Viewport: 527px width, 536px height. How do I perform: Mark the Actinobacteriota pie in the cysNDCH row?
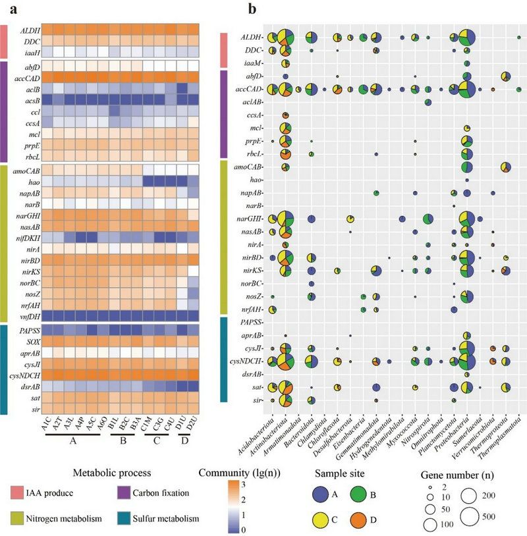(x=285, y=361)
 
